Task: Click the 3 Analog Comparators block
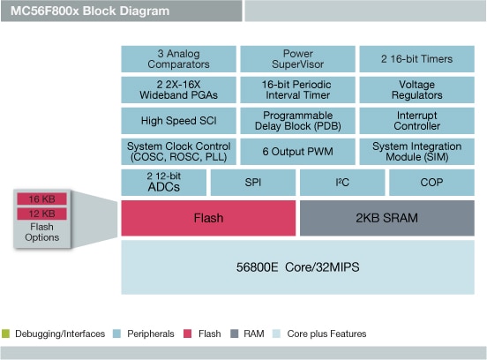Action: (x=178, y=58)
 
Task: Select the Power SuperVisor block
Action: (x=297, y=58)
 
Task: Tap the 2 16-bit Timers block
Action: (x=416, y=58)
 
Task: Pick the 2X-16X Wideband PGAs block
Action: (x=178, y=89)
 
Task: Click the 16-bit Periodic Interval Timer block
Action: (x=297, y=89)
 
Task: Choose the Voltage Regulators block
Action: (x=416, y=89)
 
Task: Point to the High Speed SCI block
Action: (x=178, y=120)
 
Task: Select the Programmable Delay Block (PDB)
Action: (x=297, y=120)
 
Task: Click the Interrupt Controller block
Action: (x=416, y=120)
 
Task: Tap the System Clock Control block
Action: (x=178, y=151)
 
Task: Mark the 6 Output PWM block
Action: (x=297, y=151)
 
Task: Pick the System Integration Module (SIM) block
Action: (x=416, y=151)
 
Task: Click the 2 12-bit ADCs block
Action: (x=163, y=182)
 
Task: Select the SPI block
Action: (x=253, y=182)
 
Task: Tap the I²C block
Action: (x=342, y=182)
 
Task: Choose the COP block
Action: (x=431, y=182)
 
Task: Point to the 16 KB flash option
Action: (x=41, y=199)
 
